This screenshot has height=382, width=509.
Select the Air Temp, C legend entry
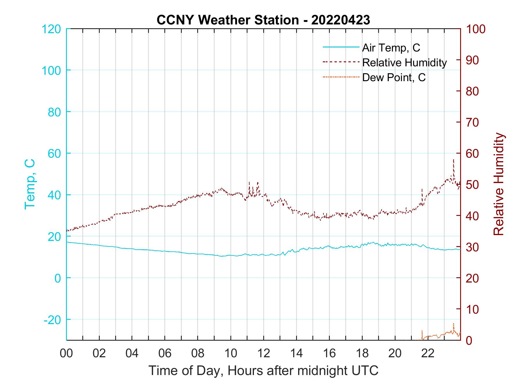tap(391, 47)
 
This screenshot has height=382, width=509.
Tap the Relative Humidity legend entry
tap(404, 63)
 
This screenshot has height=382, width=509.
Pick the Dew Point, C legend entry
tap(394, 78)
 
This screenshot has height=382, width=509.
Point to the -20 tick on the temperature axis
tap(52, 320)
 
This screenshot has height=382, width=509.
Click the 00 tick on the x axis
tap(66, 353)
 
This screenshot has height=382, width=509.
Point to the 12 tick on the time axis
tap(264, 353)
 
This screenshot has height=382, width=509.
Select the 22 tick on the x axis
tap(428, 353)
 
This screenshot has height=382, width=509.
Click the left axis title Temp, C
tap(30, 184)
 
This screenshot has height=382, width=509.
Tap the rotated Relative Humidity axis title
tap(499, 184)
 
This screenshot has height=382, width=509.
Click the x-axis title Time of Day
tap(264, 371)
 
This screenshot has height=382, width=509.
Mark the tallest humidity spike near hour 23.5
tap(453, 160)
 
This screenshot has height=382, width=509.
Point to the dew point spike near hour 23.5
tap(453, 324)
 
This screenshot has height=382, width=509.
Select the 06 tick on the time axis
tap(165, 353)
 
